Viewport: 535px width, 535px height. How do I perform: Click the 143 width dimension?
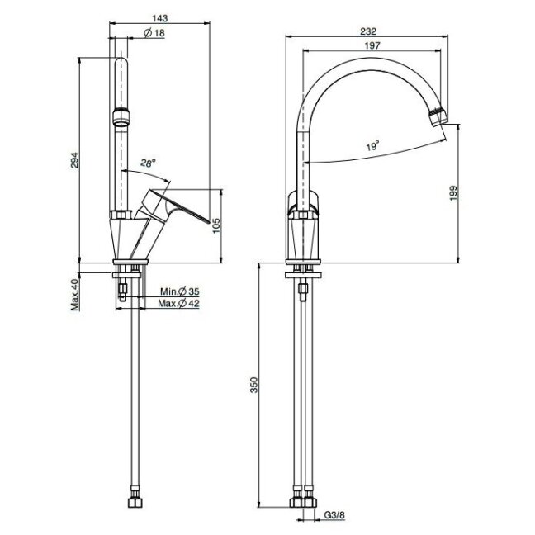159,17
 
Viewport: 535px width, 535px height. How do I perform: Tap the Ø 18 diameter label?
154,33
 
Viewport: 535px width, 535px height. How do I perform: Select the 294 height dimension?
74,160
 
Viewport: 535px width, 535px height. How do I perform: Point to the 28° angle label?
148,163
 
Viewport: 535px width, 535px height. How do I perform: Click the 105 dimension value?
216,225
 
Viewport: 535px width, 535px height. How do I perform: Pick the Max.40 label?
75,295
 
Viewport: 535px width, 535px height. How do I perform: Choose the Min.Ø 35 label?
180,291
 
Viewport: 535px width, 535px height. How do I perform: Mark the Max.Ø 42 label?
179,303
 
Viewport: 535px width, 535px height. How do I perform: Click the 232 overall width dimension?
368,31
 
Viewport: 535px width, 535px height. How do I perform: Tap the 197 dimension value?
372,45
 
